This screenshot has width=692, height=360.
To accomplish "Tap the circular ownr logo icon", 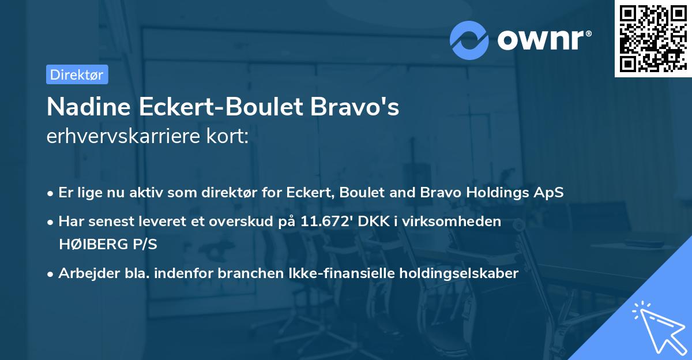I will click(469, 40).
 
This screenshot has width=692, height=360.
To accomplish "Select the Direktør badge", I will click(77, 74).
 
